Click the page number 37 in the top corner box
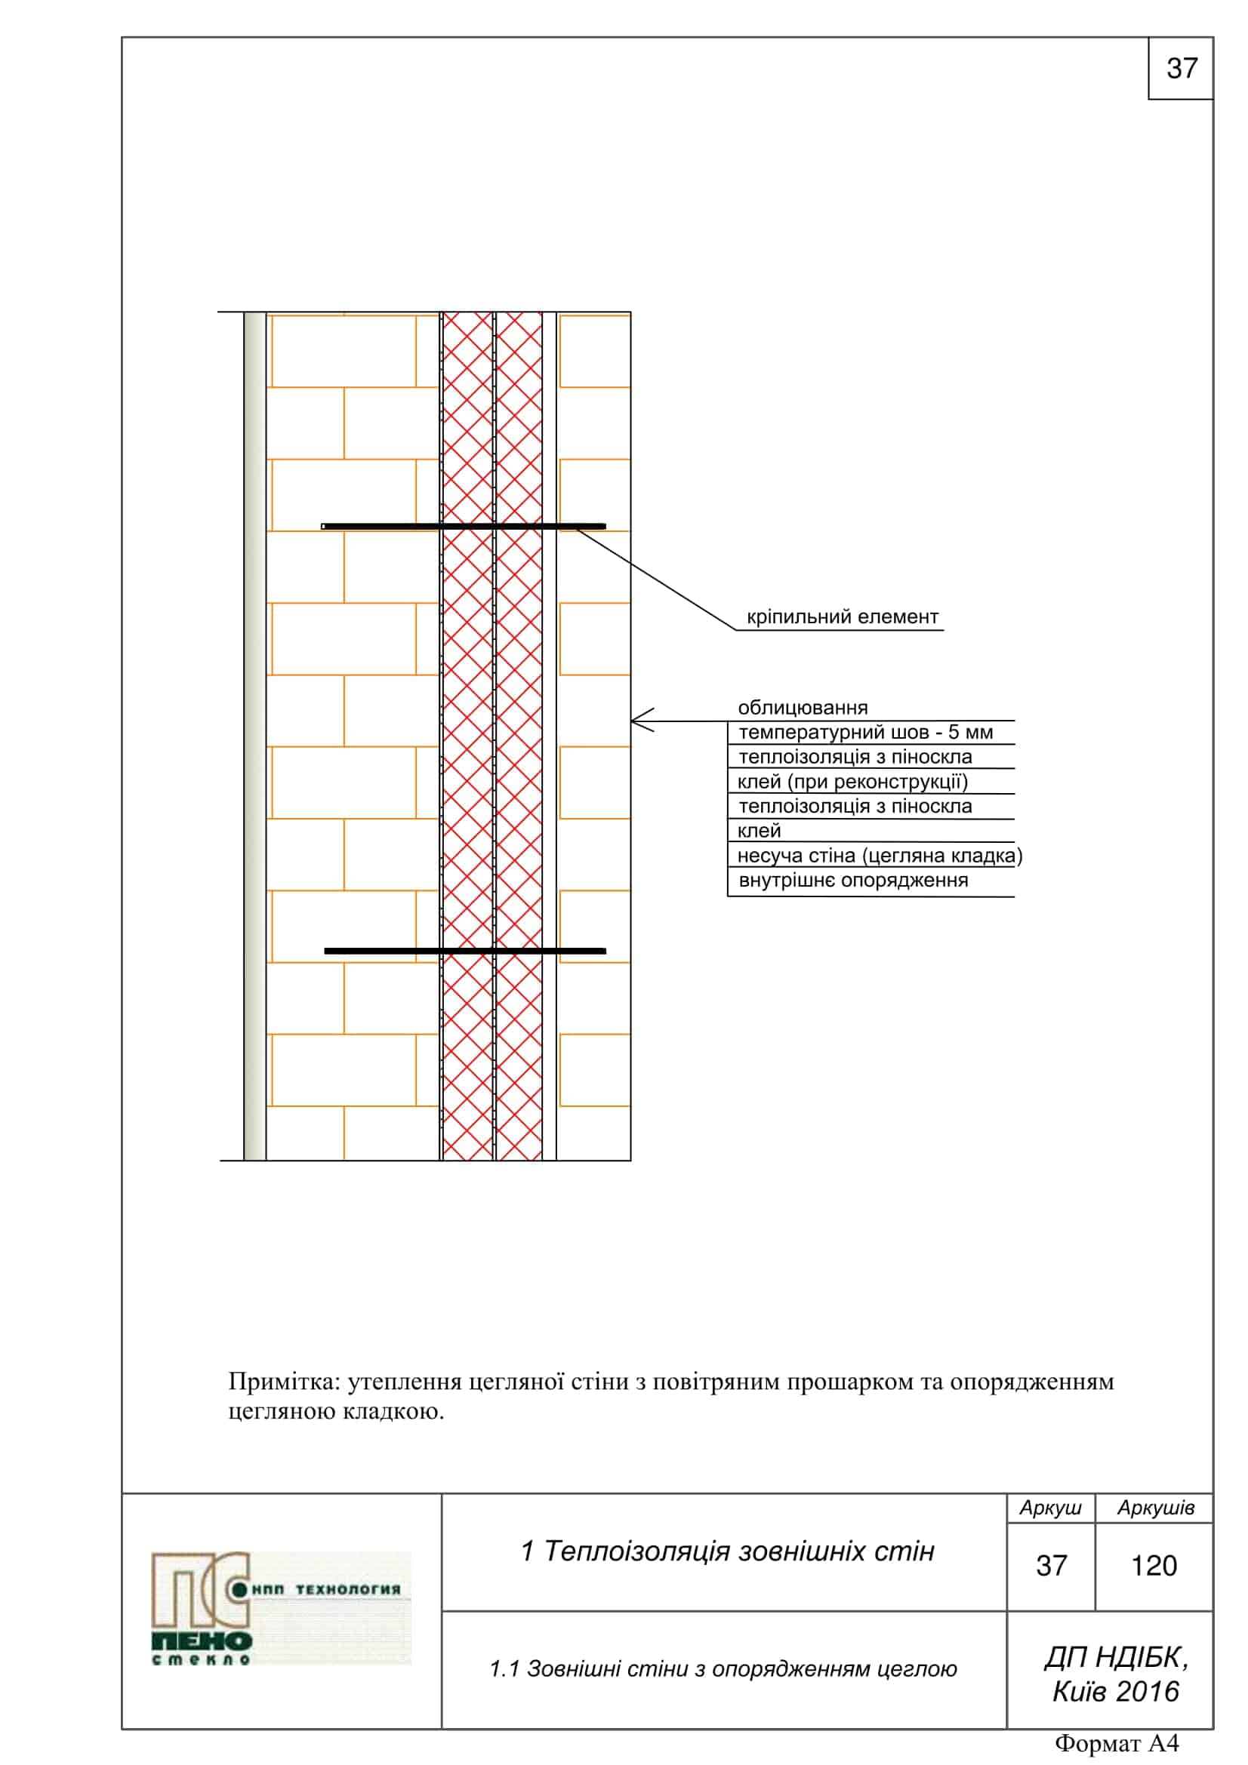(x=1181, y=69)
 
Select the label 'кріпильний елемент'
(x=842, y=617)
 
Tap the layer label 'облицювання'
(x=802, y=707)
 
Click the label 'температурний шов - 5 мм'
(x=865, y=732)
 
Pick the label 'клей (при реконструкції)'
(x=852, y=782)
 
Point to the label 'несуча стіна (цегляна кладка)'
(x=879, y=856)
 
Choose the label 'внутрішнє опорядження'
(x=852, y=880)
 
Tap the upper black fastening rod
(x=464, y=527)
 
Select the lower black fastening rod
(x=464, y=951)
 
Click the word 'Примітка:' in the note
(x=284, y=1382)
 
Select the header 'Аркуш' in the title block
(x=1049, y=1508)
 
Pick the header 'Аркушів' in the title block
(x=1155, y=1508)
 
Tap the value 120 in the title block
(x=1154, y=1566)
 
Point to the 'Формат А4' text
(x=1116, y=1742)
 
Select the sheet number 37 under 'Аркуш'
(x=1051, y=1566)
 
